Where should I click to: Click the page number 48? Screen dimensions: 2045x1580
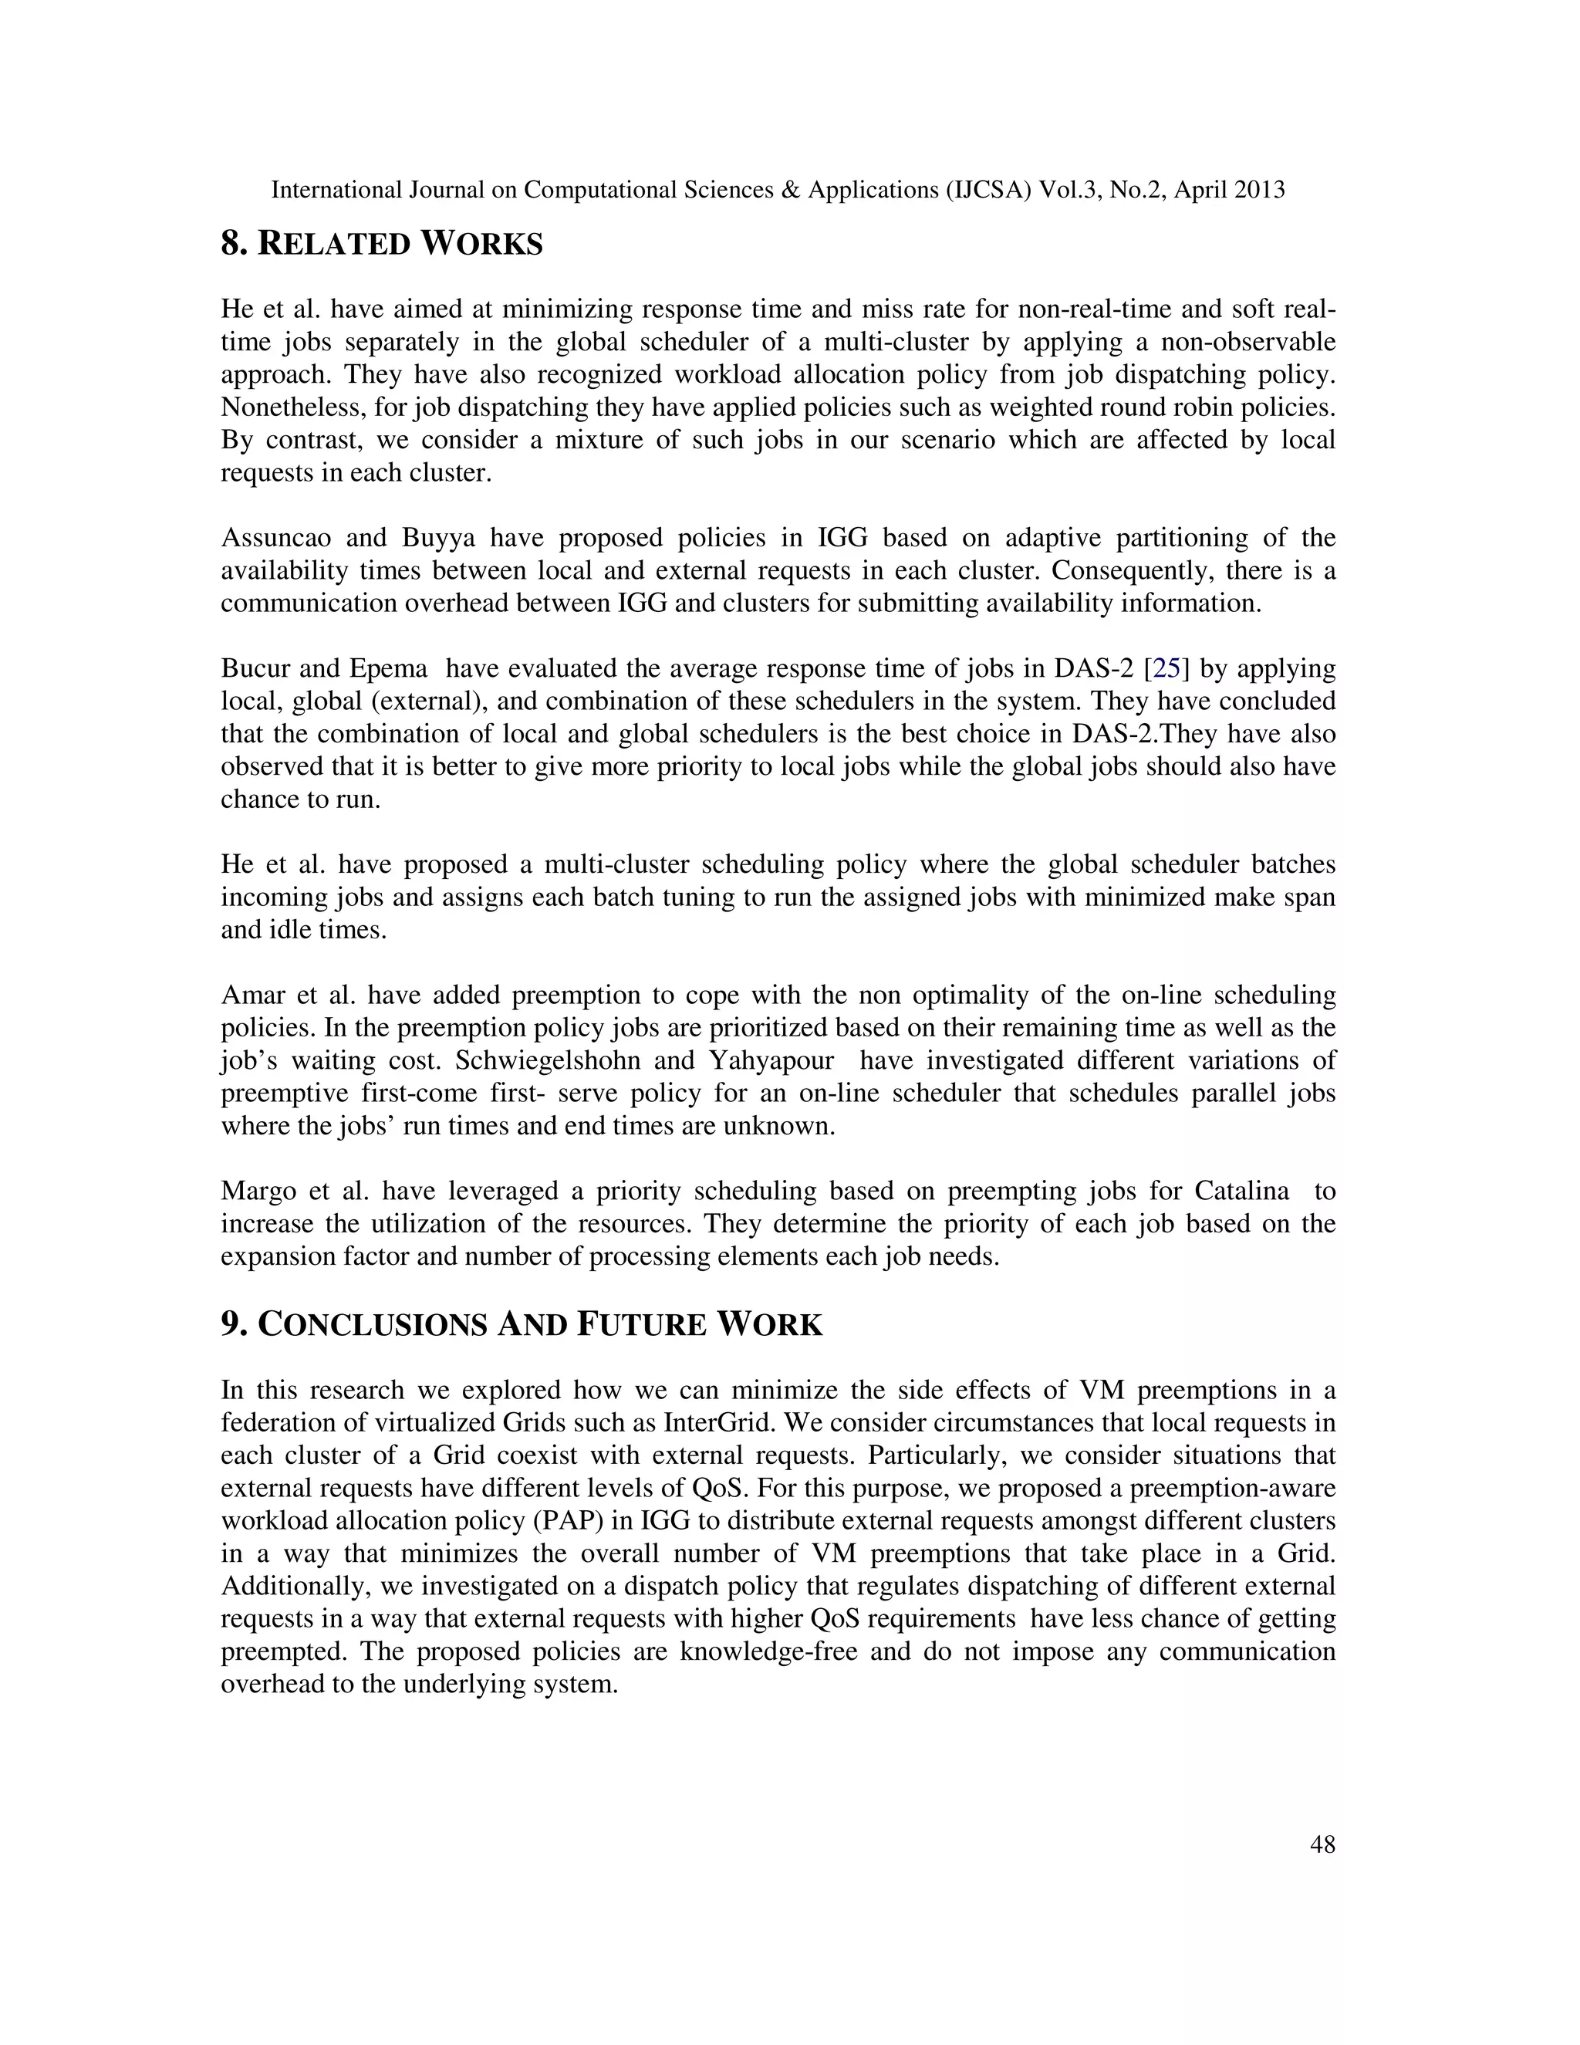(1322, 1844)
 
